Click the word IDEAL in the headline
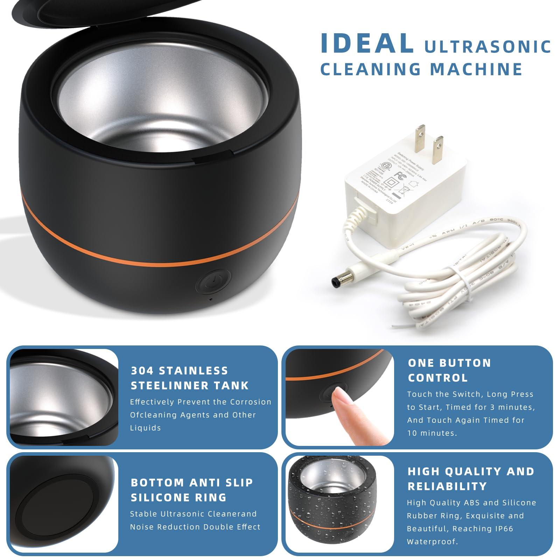coord(366,43)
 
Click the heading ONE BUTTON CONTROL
coord(449,370)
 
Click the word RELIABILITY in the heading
coord(447,486)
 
